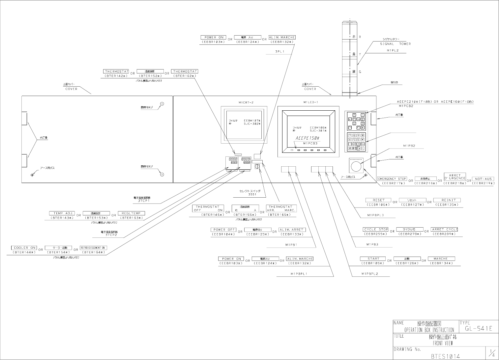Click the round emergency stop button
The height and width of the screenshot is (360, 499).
[356, 166]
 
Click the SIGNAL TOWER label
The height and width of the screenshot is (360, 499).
[395, 44]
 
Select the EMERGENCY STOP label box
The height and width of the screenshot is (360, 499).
[392, 179]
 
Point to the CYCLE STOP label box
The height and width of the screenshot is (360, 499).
[376, 229]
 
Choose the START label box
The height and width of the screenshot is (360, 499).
[373, 259]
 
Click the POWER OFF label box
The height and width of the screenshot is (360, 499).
[224, 230]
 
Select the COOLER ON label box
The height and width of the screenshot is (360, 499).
[25, 248]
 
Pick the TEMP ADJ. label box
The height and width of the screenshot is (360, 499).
[62, 213]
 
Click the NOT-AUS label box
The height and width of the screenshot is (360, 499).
[483, 179]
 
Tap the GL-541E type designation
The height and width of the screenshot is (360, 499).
[478, 329]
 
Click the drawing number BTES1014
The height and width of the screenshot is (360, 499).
[445, 356]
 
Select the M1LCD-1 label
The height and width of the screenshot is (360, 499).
[310, 102]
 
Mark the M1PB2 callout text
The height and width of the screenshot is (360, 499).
[409, 146]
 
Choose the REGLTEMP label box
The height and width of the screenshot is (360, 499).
[131, 213]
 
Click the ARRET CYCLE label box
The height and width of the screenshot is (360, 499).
[445, 229]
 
